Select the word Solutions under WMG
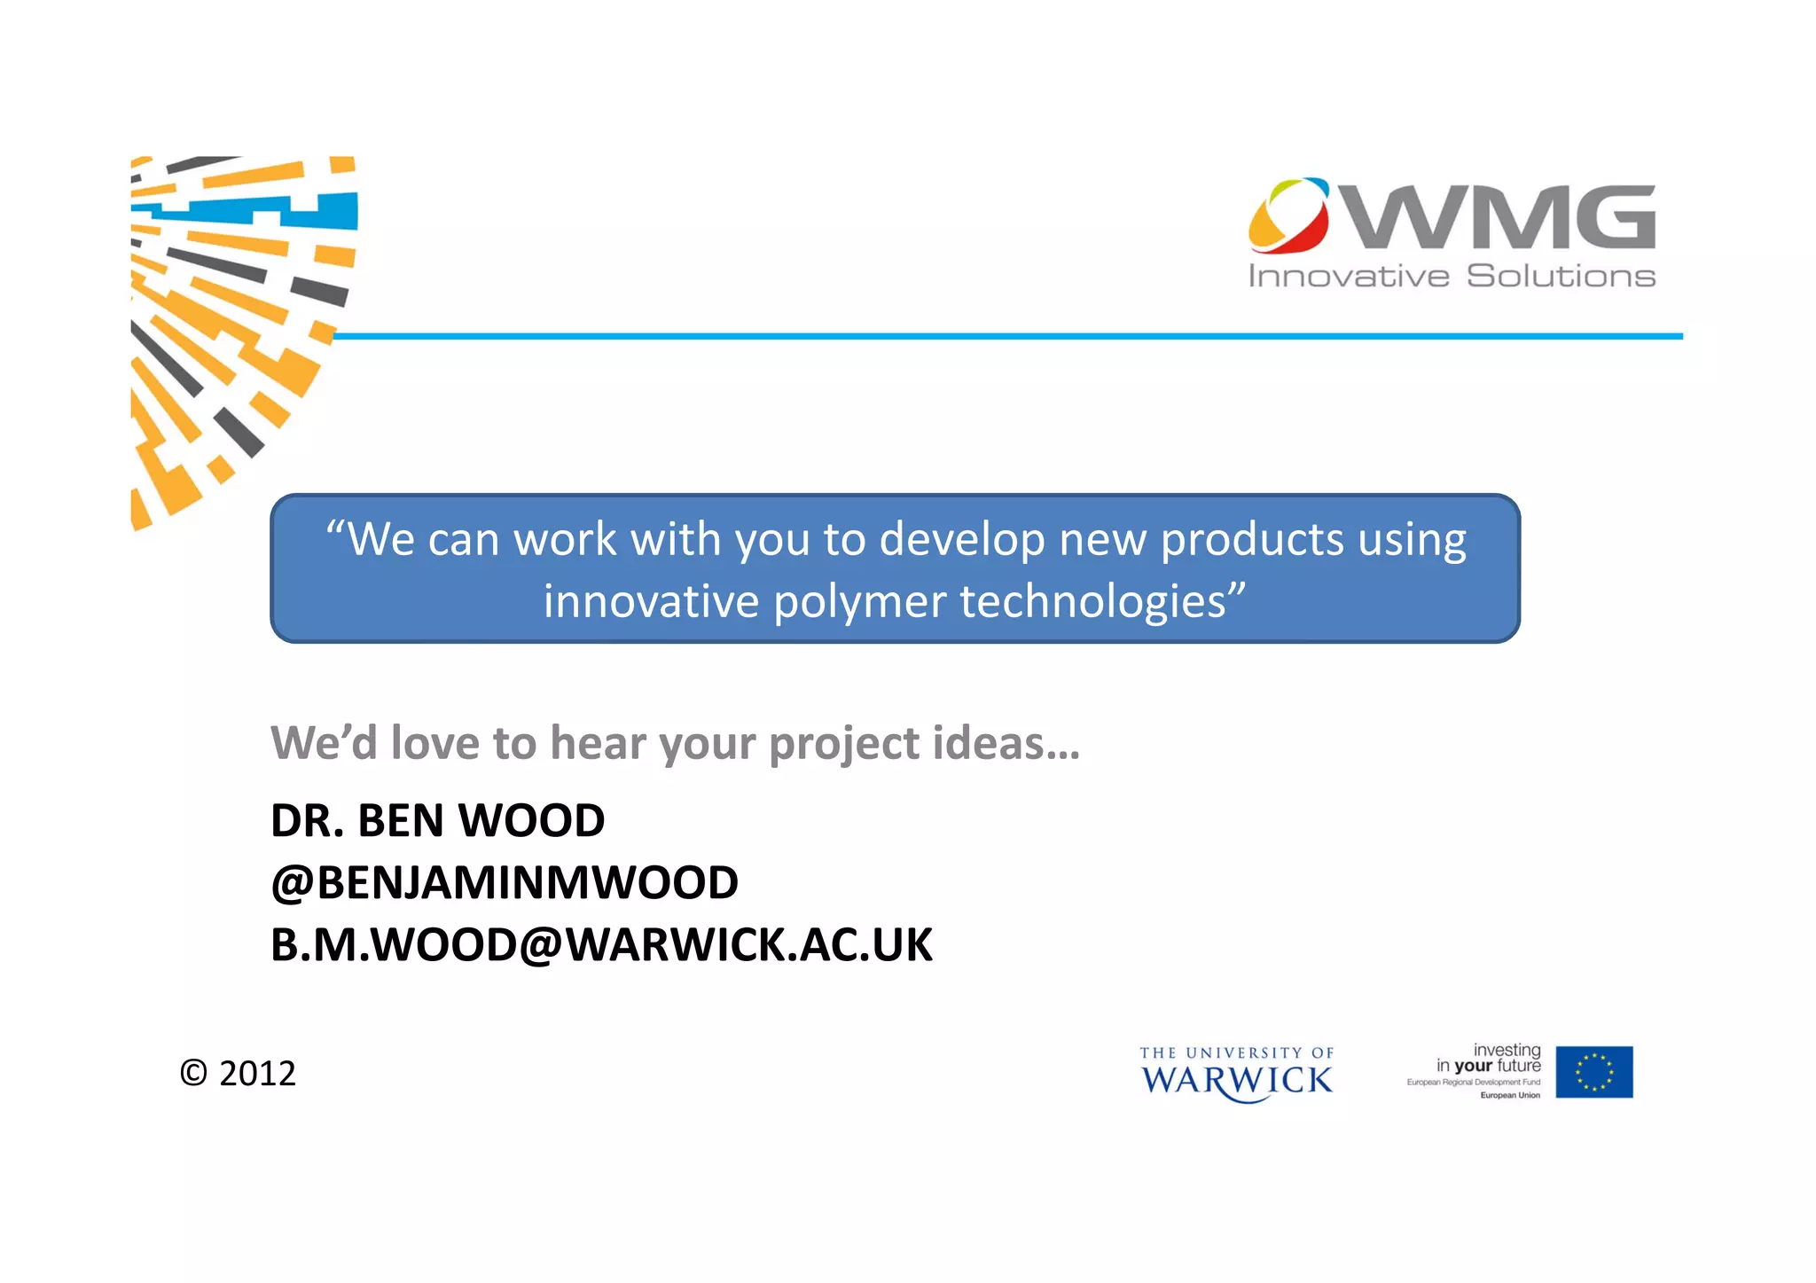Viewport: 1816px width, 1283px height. [x=1561, y=277]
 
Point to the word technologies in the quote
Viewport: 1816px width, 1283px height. [x=1094, y=601]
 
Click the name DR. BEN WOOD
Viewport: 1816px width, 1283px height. [x=437, y=820]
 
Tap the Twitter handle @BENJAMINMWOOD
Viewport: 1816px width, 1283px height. [x=504, y=882]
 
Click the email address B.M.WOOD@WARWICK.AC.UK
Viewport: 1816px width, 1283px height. [x=601, y=944]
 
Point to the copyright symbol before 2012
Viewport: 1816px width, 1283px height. [x=193, y=1074]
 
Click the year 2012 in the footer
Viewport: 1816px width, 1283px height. [x=257, y=1074]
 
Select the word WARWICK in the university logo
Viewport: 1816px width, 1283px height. [x=1236, y=1081]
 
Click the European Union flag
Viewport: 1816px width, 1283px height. [x=1593, y=1072]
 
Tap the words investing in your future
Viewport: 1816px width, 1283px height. [x=1489, y=1058]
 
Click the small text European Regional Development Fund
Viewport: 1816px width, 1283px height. [x=1473, y=1083]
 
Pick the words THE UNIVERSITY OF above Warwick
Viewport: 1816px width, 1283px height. [x=1236, y=1053]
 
